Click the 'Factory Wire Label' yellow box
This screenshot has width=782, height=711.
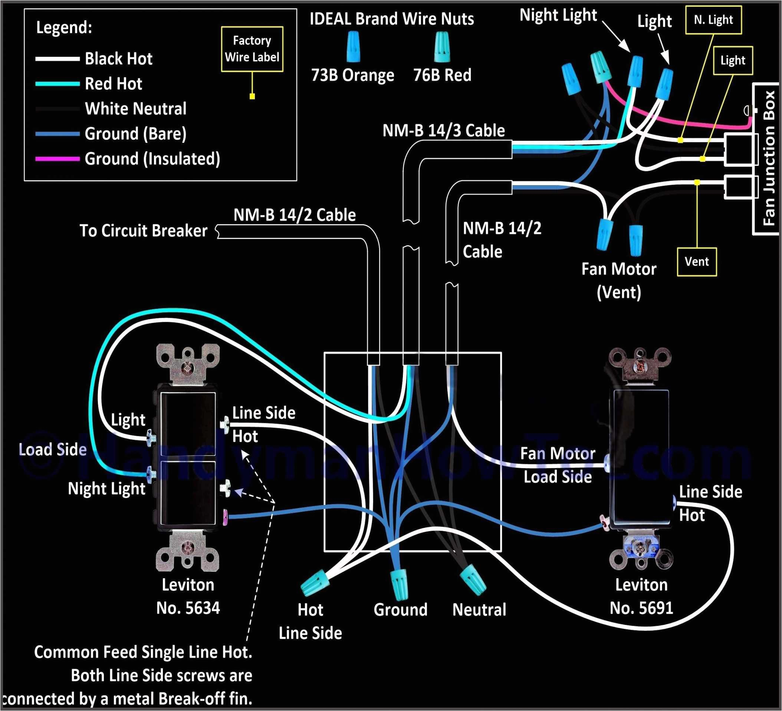point(252,49)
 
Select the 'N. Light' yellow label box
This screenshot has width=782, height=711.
point(713,20)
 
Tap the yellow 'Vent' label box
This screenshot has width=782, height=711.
point(697,262)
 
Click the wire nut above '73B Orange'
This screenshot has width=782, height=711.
point(353,47)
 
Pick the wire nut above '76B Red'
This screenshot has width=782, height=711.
point(442,47)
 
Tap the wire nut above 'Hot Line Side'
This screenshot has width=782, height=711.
point(315,582)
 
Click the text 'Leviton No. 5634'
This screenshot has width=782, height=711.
point(188,596)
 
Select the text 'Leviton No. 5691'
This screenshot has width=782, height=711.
point(641,596)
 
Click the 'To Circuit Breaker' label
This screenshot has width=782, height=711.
point(144,231)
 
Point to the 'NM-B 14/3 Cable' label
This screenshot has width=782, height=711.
point(443,131)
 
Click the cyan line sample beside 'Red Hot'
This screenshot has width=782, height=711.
point(57,84)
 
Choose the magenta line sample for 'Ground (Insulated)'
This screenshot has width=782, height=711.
point(57,159)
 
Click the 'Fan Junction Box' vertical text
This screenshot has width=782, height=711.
point(768,158)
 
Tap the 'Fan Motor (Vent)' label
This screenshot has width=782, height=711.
point(619,280)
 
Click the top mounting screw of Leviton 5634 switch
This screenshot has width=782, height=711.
point(188,367)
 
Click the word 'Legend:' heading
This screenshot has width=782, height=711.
point(64,27)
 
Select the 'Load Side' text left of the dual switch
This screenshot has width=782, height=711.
point(53,450)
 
